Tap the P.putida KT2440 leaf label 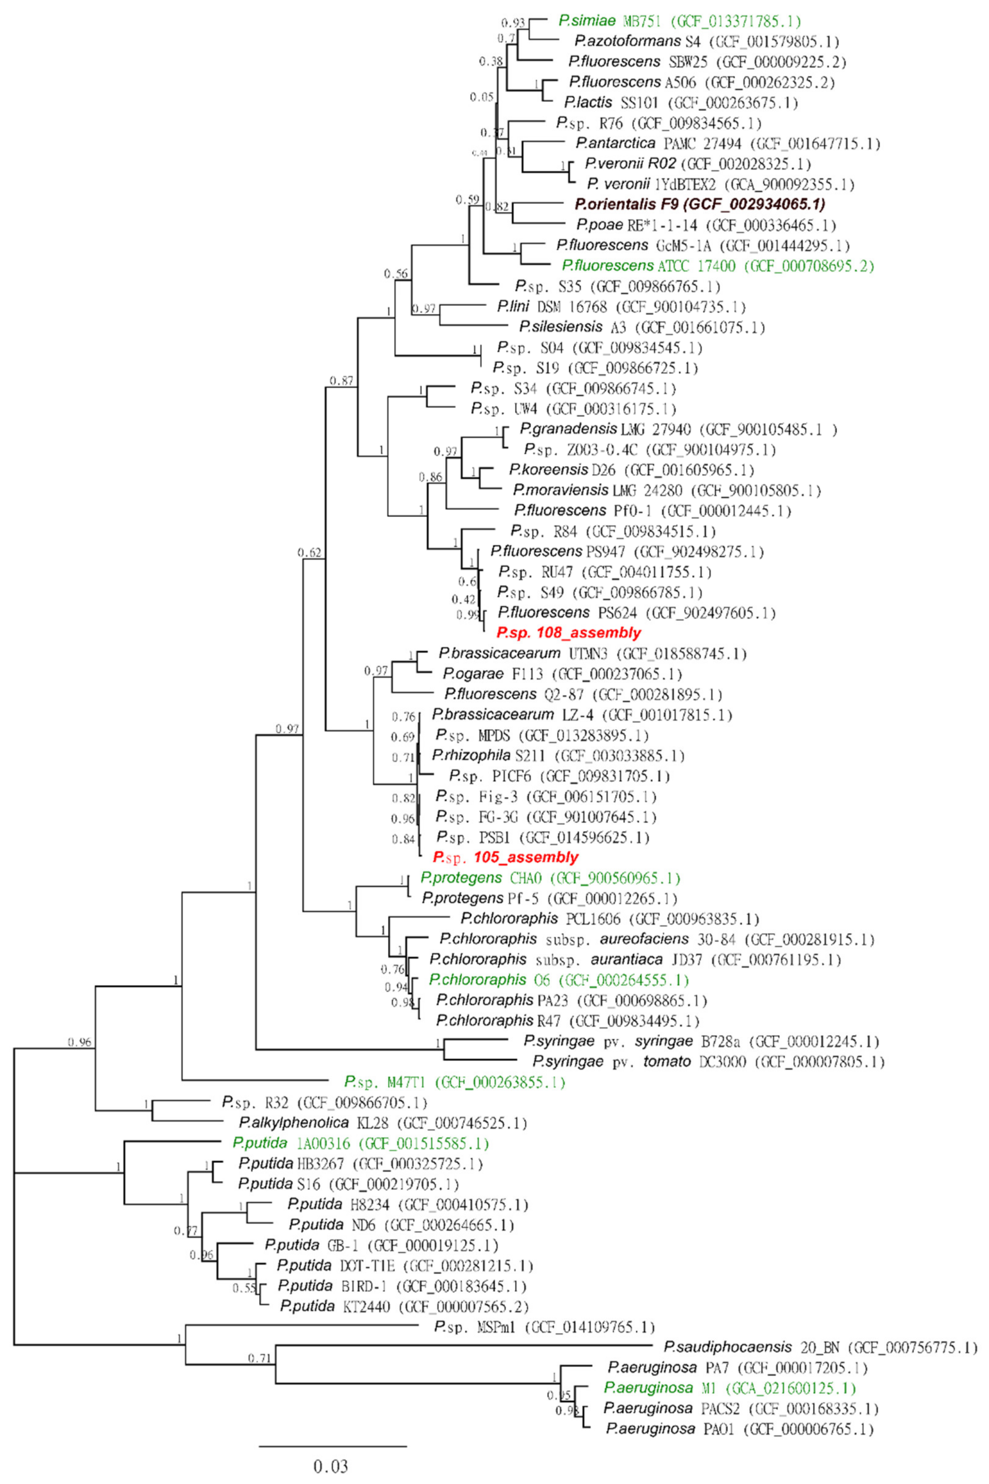(x=404, y=1306)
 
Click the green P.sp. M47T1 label (x=454, y=1082)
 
